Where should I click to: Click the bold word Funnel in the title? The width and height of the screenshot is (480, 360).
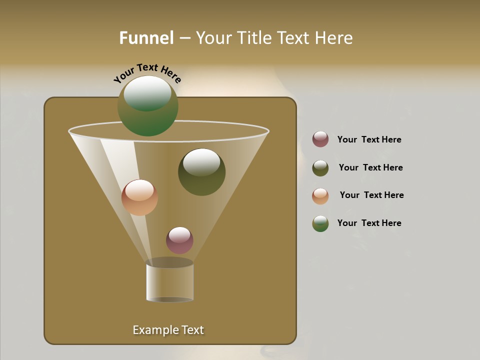tap(146, 38)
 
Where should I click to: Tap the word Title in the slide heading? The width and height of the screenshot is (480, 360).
tap(254, 38)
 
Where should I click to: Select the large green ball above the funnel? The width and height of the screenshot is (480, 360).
tap(147, 106)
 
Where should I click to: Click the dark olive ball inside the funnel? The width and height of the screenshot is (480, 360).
tap(201, 172)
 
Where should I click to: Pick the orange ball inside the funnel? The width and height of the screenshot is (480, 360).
tap(139, 197)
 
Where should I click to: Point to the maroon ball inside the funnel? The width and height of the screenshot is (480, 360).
tap(179, 240)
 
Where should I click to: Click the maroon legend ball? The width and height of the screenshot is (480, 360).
tap(320, 139)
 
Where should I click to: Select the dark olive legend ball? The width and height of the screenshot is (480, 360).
tap(320, 168)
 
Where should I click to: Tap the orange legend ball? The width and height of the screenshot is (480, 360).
tap(320, 196)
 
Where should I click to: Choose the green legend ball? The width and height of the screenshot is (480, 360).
tap(320, 223)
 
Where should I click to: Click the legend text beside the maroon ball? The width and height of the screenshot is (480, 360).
tap(369, 139)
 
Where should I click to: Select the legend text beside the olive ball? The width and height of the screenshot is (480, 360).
tap(370, 167)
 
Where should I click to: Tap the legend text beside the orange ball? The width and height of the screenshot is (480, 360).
tap(371, 195)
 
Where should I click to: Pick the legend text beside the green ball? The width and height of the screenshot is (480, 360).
tap(369, 223)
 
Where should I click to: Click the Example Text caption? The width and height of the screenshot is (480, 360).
tap(168, 330)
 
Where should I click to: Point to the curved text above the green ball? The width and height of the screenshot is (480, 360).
tap(147, 73)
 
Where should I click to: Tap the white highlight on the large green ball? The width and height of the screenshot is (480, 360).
tap(147, 92)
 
